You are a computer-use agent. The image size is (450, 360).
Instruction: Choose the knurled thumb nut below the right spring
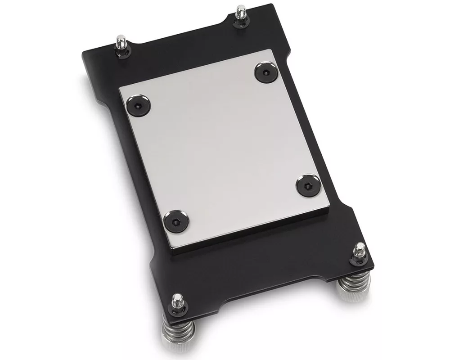[355, 294]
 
